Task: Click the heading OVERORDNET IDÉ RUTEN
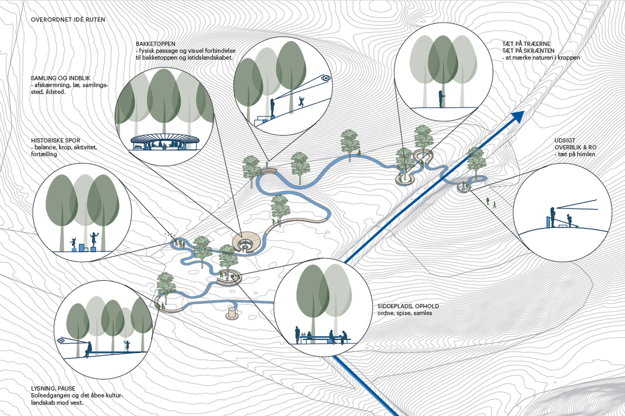click(x=68, y=20)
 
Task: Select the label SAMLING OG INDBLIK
click(x=60, y=78)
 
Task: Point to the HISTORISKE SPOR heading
click(x=55, y=141)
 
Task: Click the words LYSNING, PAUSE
click(x=53, y=389)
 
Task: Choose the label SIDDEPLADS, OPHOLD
click(x=408, y=306)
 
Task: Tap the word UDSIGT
click(x=565, y=141)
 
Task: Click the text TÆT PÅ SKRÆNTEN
click(x=528, y=51)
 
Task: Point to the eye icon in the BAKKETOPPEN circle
click(x=326, y=78)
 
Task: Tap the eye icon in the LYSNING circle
click(x=61, y=341)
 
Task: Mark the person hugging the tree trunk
click(x=440, y=99)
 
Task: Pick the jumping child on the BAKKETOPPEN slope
click(x=301, y=101)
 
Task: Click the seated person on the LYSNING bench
click(x=88, y=350)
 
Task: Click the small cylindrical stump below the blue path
click(x=232, y=313)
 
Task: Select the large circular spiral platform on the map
click(x=247, y=242)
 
